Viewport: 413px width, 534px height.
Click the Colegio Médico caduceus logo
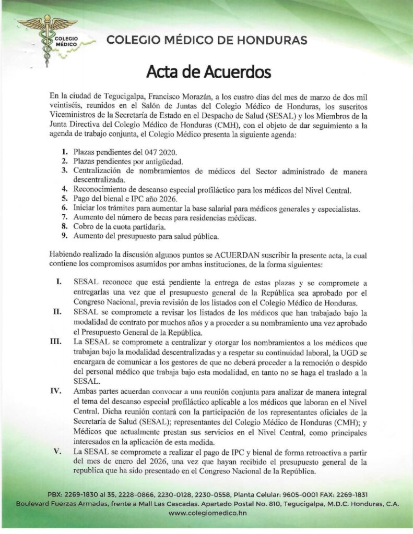click(48, 37)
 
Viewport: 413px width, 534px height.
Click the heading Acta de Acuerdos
click(208, 71)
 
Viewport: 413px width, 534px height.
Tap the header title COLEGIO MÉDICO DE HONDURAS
click(206, 40)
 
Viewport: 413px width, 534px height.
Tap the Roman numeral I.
click(60, 282)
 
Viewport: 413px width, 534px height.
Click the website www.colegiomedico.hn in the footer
click(207, 514)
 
